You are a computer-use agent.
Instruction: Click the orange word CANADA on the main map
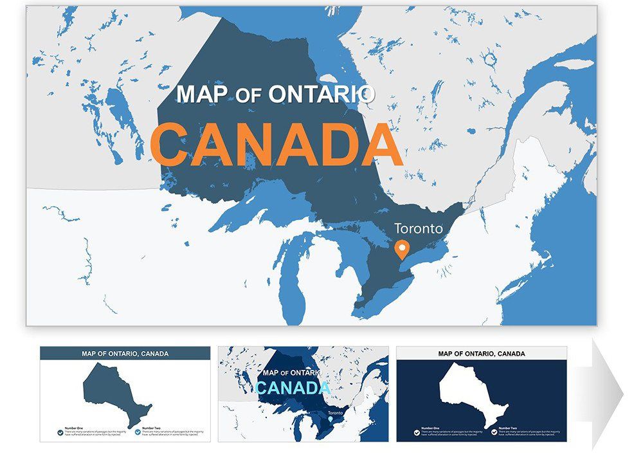point(276,144)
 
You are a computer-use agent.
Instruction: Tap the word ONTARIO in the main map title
point(321,94)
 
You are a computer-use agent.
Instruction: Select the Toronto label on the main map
point(419,228)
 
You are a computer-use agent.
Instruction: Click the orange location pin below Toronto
point(403,248)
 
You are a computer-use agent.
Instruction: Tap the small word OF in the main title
point(244,96)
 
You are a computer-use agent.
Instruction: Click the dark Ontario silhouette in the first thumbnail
point(116,392)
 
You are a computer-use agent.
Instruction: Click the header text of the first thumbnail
point(125,353)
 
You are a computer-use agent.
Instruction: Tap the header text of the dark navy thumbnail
point(482,353)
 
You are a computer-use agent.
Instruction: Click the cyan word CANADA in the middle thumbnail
point(293,388)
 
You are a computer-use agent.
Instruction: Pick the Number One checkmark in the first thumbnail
point(60,432)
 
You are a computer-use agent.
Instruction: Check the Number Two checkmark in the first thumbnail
point(137,432)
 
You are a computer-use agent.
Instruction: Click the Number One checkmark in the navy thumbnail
point(416,432)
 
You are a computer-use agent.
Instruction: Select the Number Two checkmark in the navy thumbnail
point(494,432)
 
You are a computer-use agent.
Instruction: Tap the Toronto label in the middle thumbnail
point(335,413)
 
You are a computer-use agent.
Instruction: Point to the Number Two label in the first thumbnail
point(152,428)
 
